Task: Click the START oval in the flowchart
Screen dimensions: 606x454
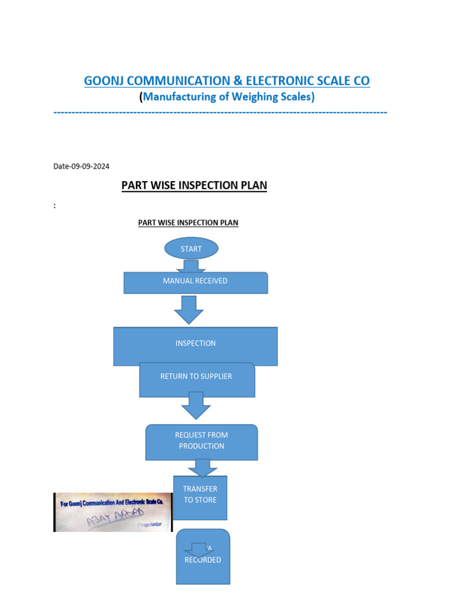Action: pos(191,249)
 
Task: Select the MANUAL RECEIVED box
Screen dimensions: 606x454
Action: pos(195,282)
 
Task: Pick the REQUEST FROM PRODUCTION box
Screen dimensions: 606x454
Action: pos(202,441)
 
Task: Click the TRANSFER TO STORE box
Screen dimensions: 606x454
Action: pos(200,497)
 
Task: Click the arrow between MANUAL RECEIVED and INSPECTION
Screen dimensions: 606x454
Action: pos(189,310)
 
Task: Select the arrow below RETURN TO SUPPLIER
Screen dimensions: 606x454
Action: pos(196,405)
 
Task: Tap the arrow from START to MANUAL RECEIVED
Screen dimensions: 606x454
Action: pos(190,266)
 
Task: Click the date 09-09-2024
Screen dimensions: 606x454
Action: pos(90,166)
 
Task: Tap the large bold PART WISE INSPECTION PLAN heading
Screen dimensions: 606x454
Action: pos(194,185)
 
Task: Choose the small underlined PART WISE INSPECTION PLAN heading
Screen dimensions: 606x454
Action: pos(188,223)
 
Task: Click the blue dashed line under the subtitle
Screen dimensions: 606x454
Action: pos(220,112)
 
